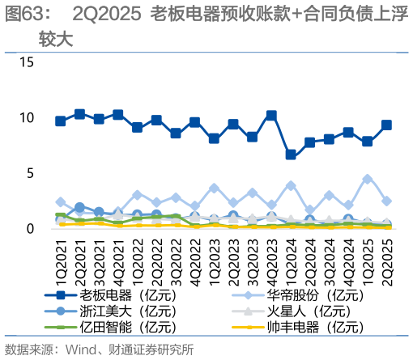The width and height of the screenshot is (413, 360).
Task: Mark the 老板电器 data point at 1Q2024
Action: (291, 155)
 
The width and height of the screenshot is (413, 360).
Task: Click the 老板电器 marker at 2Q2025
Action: (386, 125)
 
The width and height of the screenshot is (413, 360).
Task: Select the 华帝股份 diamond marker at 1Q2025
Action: (368, 179)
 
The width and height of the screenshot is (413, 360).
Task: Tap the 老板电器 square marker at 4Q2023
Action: (271, 116)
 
